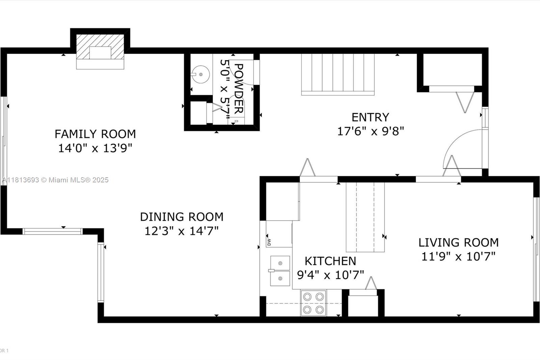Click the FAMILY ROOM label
(x=95, y=134)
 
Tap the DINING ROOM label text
(x=182, y=217)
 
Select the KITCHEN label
(x=330, y=261)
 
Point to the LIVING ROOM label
(x=459, y=242)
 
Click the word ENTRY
(x=370, y=118)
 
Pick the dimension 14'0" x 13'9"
(x=95, y=148)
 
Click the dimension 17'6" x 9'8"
(x=370, y=131)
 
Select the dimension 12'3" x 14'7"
(x=182, y=231)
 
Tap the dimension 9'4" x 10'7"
(x=330, y=275)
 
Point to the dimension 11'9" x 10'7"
(x=458, y=256)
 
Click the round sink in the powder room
(x=200, y=74)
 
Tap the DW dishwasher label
(x=269, y=242)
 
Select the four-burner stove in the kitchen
(x=314, y=303)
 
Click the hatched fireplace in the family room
(x=100, y=47)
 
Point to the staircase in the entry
(x=338, y=74)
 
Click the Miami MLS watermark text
(x=55, y=180)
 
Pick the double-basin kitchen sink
(x=280, y=271)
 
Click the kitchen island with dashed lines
(x=365, y=217)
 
